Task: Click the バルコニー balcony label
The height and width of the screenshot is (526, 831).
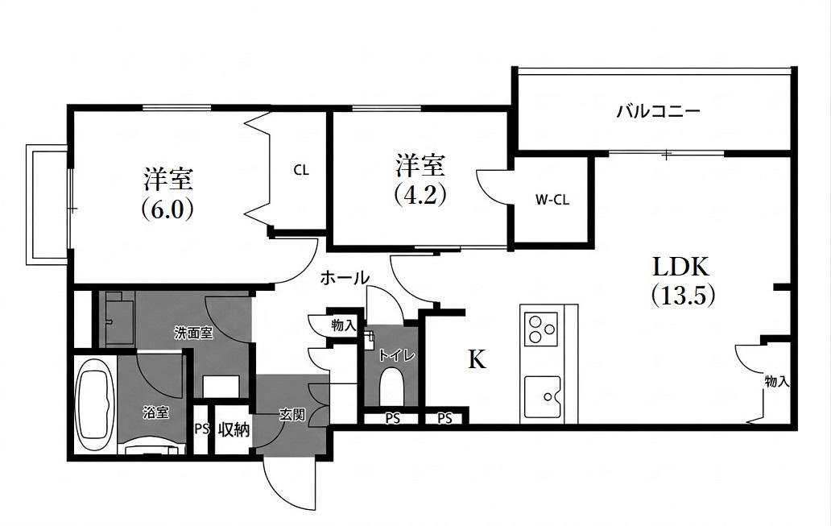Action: click(658, 111)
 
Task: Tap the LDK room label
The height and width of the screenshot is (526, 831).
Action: click(680, 267)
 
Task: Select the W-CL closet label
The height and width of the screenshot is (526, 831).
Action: click(552, 200)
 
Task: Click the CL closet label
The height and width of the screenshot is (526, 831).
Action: click(301, 170)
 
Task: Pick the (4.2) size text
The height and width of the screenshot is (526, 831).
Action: click(420, 194)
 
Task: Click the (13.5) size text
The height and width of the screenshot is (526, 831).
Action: click(683, 296)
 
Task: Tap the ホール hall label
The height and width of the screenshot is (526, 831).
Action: click(345, 278)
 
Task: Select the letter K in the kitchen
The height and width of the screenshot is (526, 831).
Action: click(477, 360)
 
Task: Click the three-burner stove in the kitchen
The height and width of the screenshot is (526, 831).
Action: click(540, 329)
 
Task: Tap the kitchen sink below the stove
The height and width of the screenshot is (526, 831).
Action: click(542, 397)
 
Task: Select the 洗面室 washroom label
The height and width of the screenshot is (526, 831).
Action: click(193, 333)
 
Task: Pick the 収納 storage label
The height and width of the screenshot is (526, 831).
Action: click(234, 429)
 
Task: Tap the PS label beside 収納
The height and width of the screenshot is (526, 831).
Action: click(201, 429)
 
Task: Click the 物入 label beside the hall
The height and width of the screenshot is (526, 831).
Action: click(343, 325)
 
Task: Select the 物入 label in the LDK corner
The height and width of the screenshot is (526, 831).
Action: click(777, 381)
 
